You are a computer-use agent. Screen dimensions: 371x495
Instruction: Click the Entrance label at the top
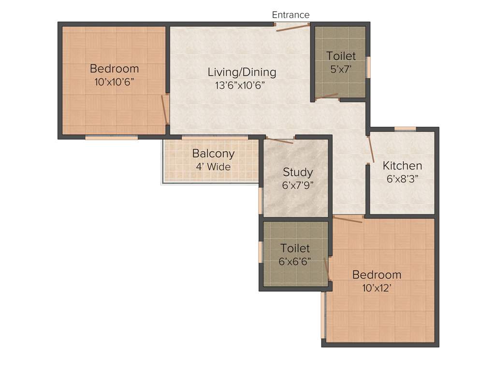(291, 15)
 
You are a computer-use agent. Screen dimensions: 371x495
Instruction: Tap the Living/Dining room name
(242, 72)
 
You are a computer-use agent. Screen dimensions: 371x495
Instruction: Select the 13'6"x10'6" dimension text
(241, 86)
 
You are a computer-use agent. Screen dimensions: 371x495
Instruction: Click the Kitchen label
(402, 166)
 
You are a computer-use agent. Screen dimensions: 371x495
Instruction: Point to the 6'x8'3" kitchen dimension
(402, 178)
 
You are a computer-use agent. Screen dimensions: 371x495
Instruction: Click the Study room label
(298, 172)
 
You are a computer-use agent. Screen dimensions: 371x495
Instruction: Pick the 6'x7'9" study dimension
(298, 185)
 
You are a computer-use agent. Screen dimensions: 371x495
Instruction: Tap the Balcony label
(213, 154)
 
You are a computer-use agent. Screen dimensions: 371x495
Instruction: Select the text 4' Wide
(213, 167)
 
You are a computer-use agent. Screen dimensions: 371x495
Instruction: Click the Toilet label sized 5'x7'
(341, 56)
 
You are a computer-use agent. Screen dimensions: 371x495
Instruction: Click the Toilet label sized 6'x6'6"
(295, 248)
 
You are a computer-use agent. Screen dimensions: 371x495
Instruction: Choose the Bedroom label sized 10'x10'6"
(114, 69)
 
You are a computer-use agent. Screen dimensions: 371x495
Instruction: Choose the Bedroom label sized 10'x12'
(377, 275)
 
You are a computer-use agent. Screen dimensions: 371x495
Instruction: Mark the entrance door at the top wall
(292, 27)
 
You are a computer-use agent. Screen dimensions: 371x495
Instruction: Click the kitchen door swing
(371, 149)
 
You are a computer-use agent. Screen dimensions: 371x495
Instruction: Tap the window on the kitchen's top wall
(405, 128)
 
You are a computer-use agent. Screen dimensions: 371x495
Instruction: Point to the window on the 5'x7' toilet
(368, 67)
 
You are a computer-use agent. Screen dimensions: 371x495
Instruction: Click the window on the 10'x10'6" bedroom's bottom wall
(112, 138)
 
